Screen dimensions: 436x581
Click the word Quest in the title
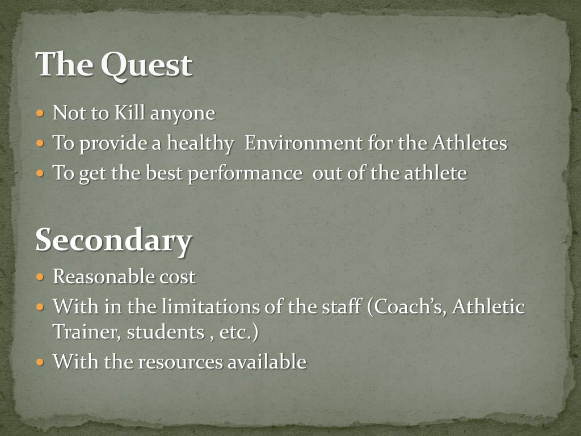[x=146, y=65]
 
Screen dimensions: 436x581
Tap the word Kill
[x=130, y=113]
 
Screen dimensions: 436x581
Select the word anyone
[x=182, y=114]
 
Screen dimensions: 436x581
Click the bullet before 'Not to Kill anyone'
[x=40, y=113]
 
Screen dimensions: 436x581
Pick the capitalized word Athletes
[x=469, y=142]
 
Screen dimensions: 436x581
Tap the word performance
[x=245, y=173]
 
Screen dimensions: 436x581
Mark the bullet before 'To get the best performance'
[x=40, y=173]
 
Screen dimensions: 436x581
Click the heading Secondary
[x=113, y=241]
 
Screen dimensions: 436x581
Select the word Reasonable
[x=103, y=277]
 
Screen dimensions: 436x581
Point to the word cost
[x=176, y=277]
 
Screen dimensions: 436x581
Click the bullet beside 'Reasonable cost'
[x=40, y=277]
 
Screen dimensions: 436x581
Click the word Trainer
[x=86, y=332]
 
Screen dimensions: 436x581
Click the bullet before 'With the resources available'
[x=40, y=362]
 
